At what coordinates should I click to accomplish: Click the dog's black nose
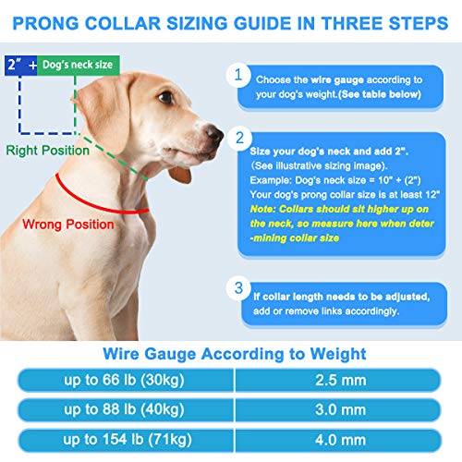[213, 135]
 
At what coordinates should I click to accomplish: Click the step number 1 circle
[240, 76]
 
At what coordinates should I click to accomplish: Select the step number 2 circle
[240, 139]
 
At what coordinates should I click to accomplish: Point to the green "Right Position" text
[46, 148]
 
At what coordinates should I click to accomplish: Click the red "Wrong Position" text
[68, 224]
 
